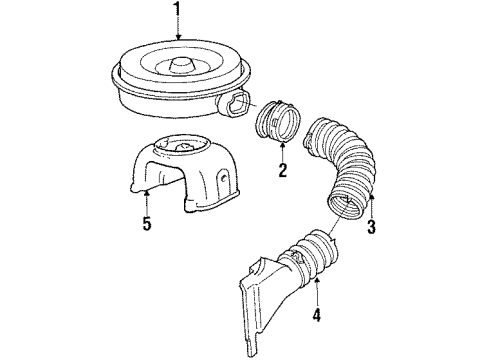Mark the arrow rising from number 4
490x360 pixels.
[317, 298]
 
